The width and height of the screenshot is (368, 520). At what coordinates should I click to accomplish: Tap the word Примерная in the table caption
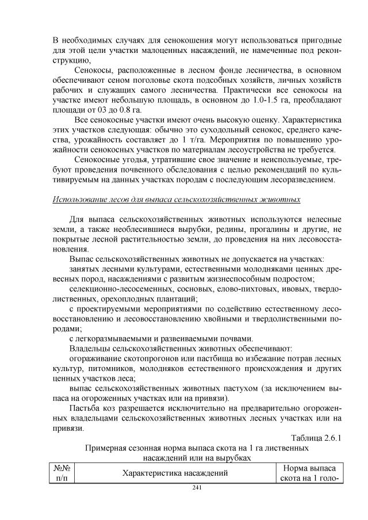(x=105, y=447)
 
